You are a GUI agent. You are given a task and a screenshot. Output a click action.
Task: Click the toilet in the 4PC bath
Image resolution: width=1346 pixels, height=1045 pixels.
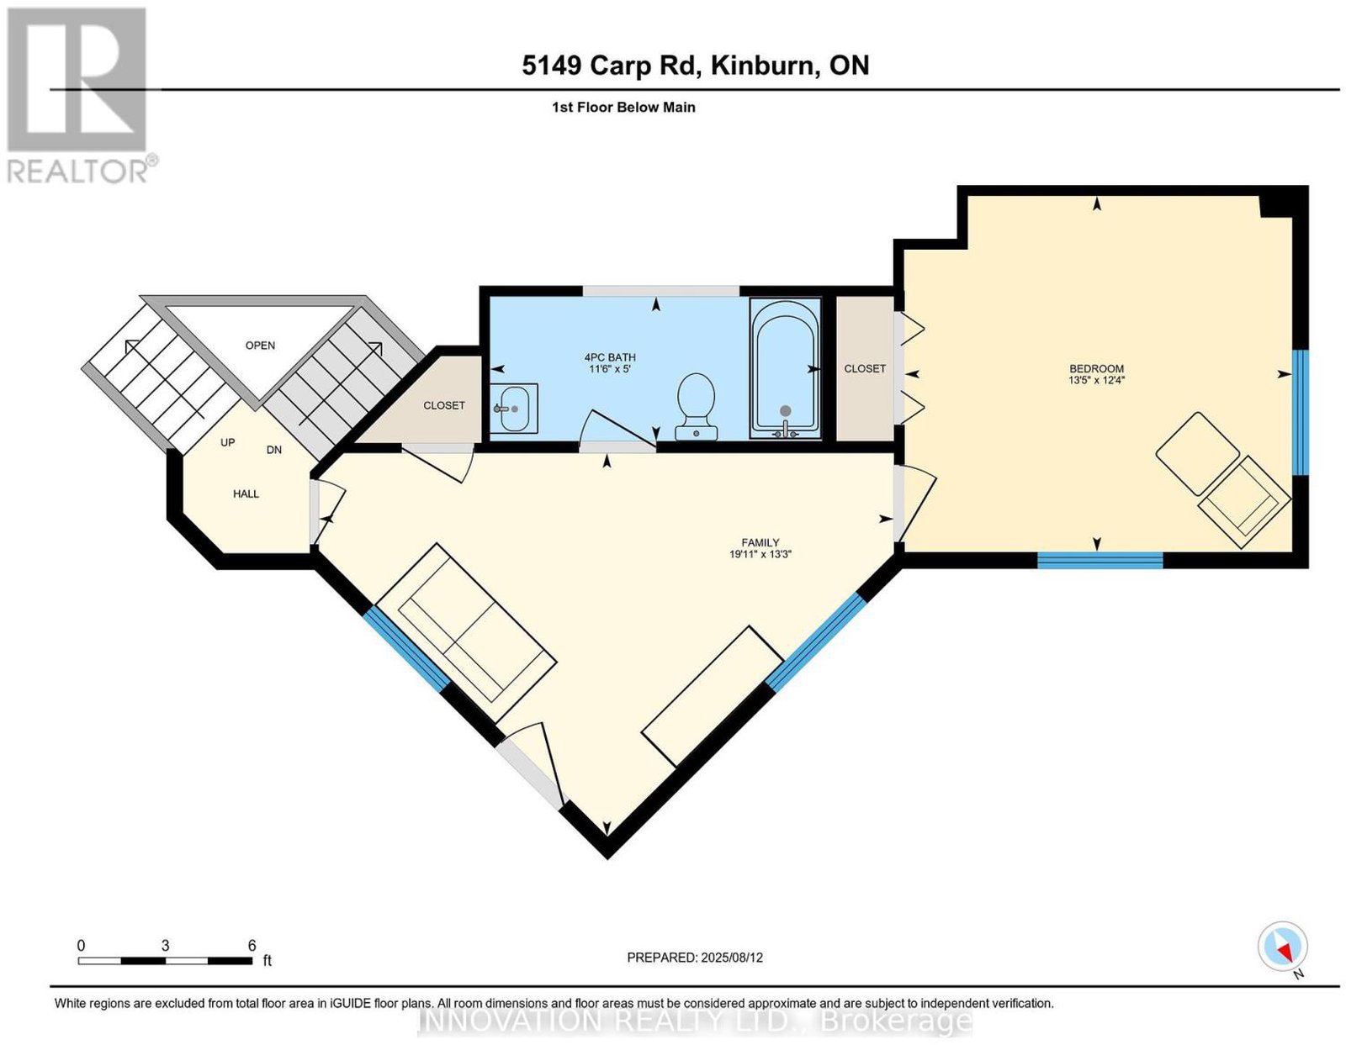pyautogui.click(x=697, y=406)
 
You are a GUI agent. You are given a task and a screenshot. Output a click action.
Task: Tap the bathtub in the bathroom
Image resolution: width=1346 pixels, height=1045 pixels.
pyautogui.click(x=785, y=368)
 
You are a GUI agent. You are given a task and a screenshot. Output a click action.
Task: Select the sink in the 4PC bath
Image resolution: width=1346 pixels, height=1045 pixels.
pyautogui.click(x=513, y=409)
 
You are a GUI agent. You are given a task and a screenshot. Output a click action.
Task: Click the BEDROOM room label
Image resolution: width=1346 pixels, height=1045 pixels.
pyautogui.click(x=1096, y=369)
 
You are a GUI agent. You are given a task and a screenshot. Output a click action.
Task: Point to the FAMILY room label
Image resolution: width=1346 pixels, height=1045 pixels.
pyautogui.click(x=760, y=542)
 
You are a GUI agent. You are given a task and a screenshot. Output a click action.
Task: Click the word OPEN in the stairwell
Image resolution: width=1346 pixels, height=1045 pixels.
pyautogui.click(x=260, y=346)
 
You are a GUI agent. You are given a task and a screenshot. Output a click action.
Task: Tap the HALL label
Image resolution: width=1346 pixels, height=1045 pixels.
pyautogui.click(x=246, y=493)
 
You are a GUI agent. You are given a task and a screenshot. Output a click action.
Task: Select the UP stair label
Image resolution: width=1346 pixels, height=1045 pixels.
pyautogui.click(x=227, y=443)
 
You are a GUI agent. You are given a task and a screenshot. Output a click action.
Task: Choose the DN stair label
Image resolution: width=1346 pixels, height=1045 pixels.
pyautogui.click(x=273, y=450)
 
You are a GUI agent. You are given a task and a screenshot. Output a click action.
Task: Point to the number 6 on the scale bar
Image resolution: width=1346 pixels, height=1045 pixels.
pyautogui.click(x=252, y=946)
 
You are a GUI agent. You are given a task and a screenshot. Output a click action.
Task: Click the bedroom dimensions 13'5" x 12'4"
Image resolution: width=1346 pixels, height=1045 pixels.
pyautogui.click(x=1096, y=381)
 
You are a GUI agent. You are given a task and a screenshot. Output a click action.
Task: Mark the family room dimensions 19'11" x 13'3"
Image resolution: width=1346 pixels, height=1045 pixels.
pyautogui.click(x=760, y=554)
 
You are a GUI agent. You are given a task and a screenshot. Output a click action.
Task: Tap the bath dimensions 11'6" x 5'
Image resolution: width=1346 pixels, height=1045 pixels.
pyautogui.click(x=610, y=369)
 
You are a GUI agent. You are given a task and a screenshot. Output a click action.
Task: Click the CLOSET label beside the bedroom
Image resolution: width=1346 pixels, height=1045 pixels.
pyautogui.click(x=865, y=368)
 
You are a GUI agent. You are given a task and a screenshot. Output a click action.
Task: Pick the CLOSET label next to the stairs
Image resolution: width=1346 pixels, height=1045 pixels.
pyautogui.click(x=444, y=405)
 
